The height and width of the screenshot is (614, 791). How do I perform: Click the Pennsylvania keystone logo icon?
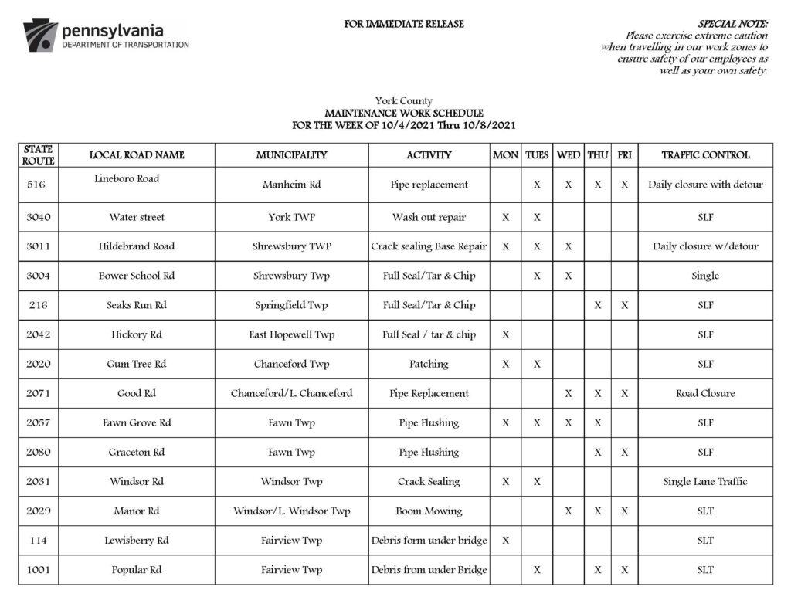(x=40, y=36)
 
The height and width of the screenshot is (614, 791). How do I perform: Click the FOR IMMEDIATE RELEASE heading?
(x=404, y=24)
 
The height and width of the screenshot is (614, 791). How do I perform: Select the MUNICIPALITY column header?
(x=291, y=155)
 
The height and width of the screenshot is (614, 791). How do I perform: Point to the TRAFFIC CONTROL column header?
(x=705, y=155)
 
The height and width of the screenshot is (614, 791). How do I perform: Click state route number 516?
(x=36, y=185)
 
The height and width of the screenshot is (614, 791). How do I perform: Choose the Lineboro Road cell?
(x=127, y=179)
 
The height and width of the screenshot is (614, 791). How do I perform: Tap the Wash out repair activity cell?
(x=429, y=217)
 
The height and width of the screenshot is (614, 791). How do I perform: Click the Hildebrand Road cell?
(x=137, y=246)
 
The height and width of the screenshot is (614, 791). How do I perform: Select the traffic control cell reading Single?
(x=705, y=276)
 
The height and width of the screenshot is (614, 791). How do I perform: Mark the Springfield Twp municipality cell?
(x=291, y=305)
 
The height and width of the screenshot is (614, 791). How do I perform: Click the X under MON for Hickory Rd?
(x=505, y=334)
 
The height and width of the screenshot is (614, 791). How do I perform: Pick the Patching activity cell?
(x=429, y=364)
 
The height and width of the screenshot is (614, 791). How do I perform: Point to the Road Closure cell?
(x=705, y=393)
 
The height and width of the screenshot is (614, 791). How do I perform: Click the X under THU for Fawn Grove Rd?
(x=597, y=422)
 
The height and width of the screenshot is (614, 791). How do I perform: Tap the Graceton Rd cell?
(x=137, y=452)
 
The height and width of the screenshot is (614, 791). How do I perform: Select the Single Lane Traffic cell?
(x=705, y=481)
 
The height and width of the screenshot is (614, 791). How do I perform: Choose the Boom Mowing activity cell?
(x=429, y=511)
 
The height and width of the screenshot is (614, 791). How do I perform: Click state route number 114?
(x=38, y=541)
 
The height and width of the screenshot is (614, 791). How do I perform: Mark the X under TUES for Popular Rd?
(x=537, y=570)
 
